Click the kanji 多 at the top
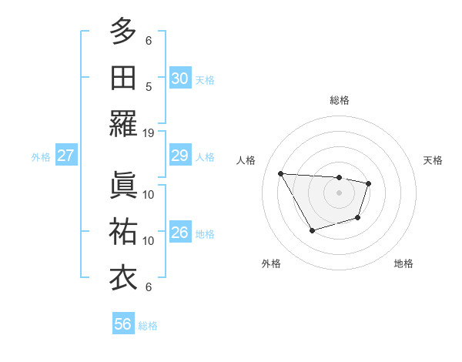(123, 32)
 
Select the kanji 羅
(123, 124)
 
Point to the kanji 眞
(123, 185)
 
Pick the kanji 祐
(123, 231)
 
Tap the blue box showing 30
(179, 78)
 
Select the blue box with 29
(179, 156)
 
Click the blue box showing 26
(179, 233)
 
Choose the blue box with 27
(65, 156)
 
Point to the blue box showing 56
(123, 324)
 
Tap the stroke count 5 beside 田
(149, 87)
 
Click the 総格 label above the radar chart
(339, 100)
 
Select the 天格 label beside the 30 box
(205, 79)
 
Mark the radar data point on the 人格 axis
(280, 173)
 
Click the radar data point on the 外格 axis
(312, 230)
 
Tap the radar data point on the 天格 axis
(369, 183)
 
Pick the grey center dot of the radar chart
(339, 193)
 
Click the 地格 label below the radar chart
(403, 263)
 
